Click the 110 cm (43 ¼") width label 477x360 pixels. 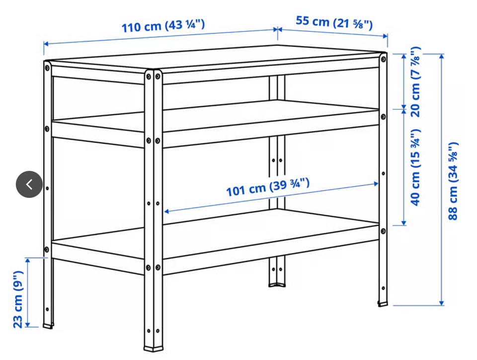click(163, 26)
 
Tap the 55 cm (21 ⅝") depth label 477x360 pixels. click(334, 23)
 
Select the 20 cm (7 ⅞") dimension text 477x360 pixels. click(415, 82)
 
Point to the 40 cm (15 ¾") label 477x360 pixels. click(415, 168)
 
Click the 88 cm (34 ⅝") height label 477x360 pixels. click(453, 181)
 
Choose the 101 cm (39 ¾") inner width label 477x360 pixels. click(268, 187)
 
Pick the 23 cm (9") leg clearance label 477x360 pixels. click(18, 299)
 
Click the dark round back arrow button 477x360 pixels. click(29, 184)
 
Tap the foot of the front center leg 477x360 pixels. click(154, 348)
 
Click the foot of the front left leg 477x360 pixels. click(48, 326)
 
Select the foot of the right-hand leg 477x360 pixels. click(383, 303)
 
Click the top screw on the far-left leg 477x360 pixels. click(47, 68)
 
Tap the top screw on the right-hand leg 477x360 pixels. click(383, 59)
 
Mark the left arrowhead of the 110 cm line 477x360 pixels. click(46, 44)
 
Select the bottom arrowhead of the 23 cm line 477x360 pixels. click(28, 324)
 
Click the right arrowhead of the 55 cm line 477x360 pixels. click(385, 36)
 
